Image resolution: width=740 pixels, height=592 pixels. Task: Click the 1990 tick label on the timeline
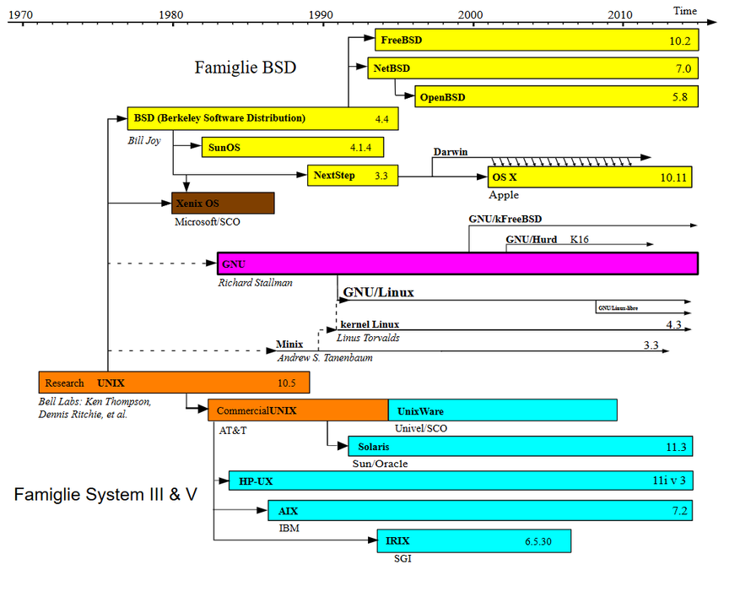[320, 14]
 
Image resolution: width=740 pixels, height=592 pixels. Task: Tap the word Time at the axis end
[685, 10]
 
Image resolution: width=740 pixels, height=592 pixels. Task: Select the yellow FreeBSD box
[537, 40]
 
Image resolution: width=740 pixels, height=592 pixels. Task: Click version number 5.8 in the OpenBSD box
[680, 97]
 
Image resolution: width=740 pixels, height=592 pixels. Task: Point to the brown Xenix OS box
[223, 203]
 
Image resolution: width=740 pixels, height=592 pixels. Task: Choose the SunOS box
[292, 147]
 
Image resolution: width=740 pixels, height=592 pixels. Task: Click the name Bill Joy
[144, 140]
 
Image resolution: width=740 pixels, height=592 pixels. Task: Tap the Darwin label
[450, 152]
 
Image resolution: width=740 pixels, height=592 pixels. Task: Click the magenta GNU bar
[457, 263]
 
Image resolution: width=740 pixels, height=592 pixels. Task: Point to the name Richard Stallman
[255, 283]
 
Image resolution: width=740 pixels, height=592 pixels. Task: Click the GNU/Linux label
[378, 293]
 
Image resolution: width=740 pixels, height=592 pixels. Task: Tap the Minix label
[289, 345]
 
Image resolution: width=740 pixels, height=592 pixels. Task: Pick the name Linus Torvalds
[368, 338]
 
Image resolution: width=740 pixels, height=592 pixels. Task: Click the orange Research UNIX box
[174, 383]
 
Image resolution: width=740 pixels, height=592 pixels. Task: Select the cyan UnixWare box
[502, 410]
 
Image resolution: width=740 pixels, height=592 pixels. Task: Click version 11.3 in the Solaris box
[676, 446]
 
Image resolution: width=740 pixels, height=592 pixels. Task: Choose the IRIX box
[473, 540]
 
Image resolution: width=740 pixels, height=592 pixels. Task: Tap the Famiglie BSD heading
[246, 67]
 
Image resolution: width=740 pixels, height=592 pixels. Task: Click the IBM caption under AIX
[289, 528]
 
